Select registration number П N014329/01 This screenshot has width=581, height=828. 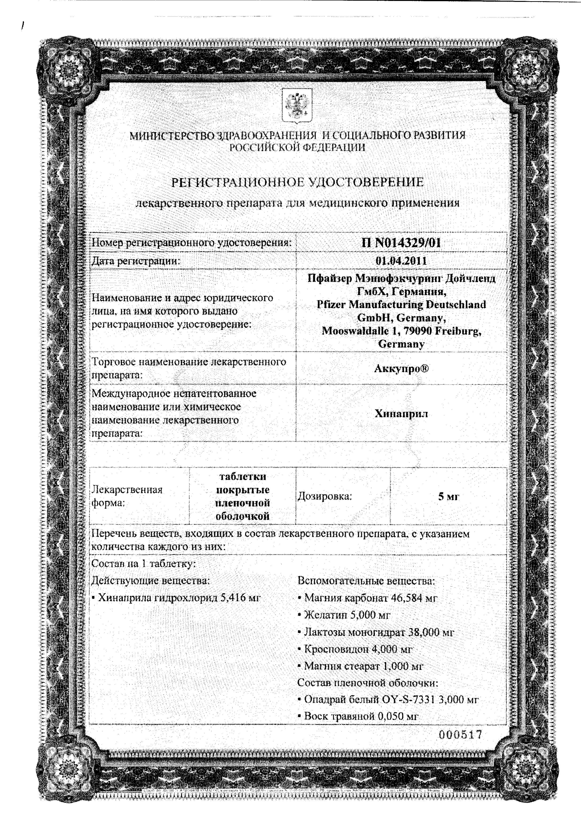(401, 243)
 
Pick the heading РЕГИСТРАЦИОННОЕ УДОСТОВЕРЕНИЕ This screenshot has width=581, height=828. (297, 183)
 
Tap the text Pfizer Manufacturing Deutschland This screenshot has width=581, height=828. (401, 304)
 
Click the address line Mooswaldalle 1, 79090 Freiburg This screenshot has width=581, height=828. (401, 331)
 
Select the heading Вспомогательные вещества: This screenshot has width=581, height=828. (366, 581)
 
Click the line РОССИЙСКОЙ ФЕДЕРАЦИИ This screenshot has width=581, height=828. (297, 147)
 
